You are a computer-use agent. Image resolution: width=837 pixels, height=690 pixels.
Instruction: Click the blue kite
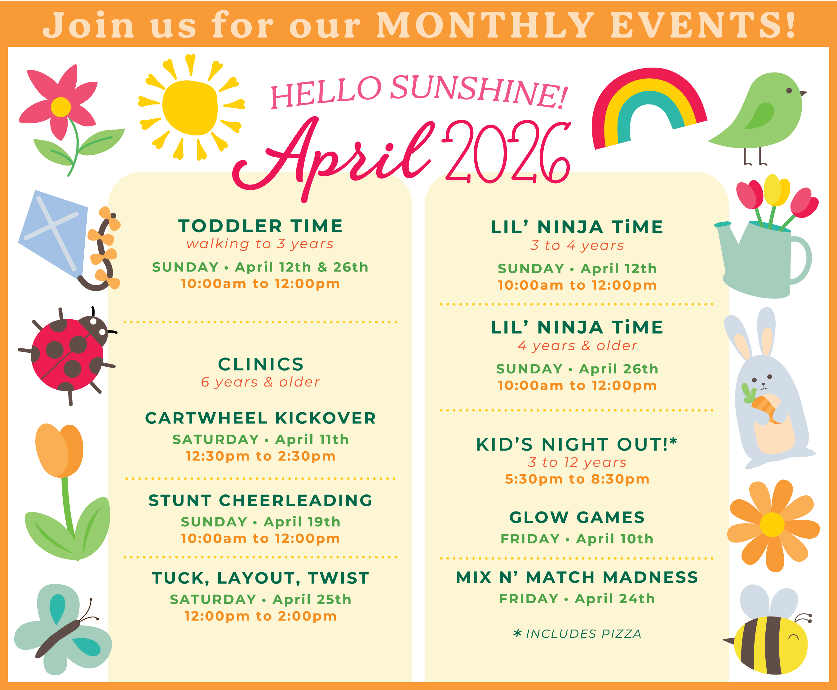[x=54, y=235]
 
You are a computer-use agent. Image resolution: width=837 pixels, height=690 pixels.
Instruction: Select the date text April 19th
[x=302, y=522]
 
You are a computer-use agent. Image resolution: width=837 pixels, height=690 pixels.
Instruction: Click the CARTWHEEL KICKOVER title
[x=260, y=418]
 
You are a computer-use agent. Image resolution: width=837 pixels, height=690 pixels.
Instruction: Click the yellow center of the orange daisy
[x=772, y=525]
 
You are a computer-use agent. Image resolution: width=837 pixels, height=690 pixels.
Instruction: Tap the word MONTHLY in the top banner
[x=485, y=25]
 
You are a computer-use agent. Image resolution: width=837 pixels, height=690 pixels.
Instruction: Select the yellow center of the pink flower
[x=61, y=107]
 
